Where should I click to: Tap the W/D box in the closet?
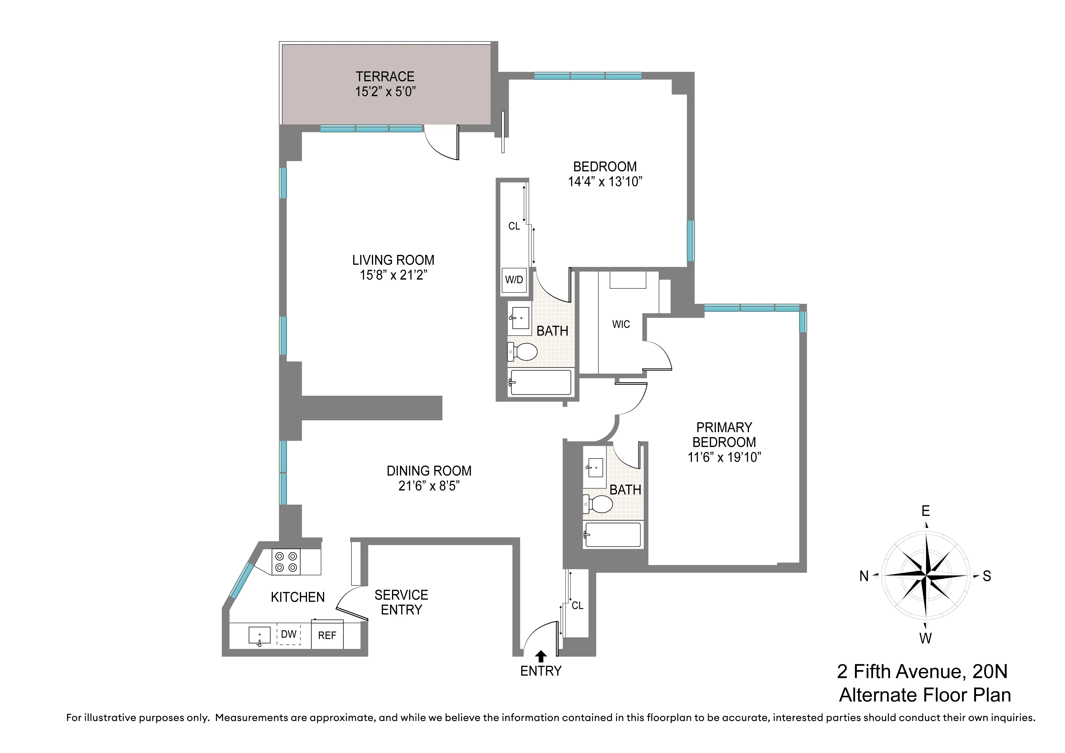click(514, 280)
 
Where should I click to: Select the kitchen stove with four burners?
click(286, 562)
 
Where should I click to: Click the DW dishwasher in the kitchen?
click(289, 634)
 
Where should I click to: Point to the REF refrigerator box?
click(327, 635)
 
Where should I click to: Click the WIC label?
click(621, 324)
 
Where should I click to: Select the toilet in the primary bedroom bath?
click(599, 504)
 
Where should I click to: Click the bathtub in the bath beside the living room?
click(540, 382)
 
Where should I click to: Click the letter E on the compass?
click(925, 511)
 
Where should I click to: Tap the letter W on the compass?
click(925, 638)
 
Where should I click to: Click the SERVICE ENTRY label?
click(401, 602)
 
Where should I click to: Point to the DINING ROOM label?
click(429, 471)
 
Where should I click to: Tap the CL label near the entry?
click(578, 606)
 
